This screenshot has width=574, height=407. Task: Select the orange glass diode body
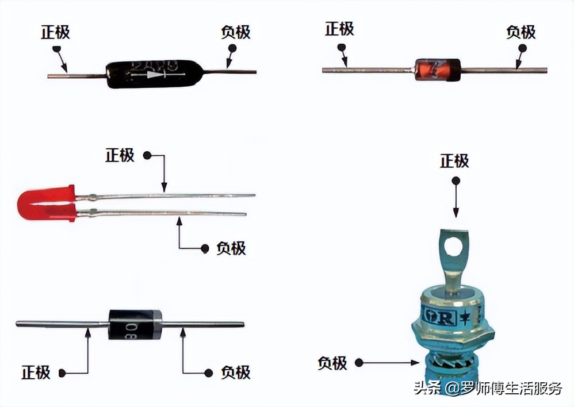coord(437,70)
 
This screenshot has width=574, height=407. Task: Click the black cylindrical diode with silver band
coord(135,324)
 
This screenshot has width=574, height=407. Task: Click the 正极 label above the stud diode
coord(454,161)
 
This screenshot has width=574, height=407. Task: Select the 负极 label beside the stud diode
coord(332,363)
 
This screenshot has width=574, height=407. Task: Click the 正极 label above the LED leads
coord(120,155)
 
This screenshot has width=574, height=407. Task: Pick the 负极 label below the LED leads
coord(231,248)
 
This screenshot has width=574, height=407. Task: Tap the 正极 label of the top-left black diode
coord(55,32)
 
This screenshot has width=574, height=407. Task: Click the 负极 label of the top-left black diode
coord(236,32)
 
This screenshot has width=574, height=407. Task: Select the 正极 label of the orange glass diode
coord(339,29)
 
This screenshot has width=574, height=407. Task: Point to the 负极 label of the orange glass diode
coord(521,32)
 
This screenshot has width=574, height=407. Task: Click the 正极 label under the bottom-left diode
coord(36,372)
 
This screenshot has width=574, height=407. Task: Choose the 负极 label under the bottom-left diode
coord(236,372)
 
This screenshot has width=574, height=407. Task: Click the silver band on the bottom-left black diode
coord(156,324)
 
